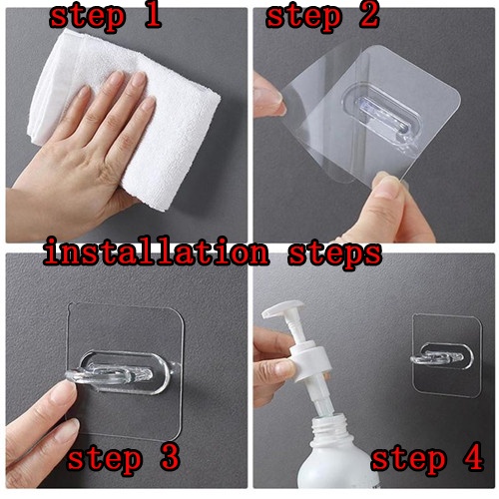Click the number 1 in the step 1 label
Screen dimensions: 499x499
tap(153, 15)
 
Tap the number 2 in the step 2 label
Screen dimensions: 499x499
tap(369, 15)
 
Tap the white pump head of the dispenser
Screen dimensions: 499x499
tap(283, 309)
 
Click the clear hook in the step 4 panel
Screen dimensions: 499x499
tap(437, 358)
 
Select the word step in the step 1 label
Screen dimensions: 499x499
tap(88, 18)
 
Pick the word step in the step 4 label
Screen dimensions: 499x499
tap(408, 459)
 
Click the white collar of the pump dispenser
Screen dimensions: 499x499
tap(311, 361)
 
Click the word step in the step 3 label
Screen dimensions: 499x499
tap(104, 460)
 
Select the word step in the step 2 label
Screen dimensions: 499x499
tap(303, 18)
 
